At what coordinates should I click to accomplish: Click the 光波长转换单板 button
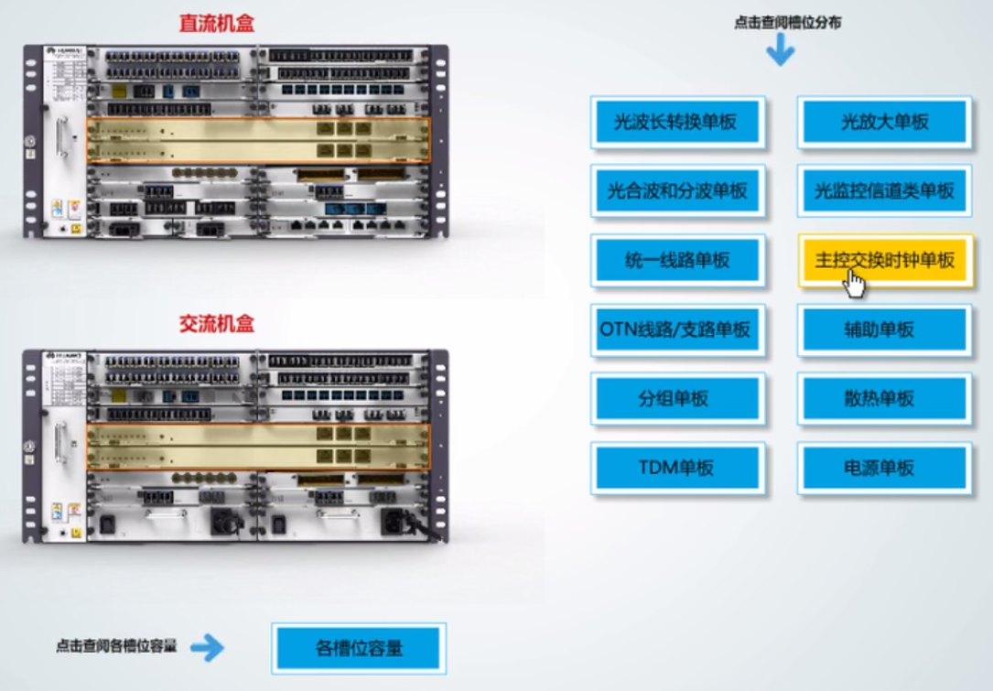coord(676,122)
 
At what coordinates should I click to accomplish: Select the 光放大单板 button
coord(884,122)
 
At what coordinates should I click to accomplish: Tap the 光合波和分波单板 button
coord(676,190)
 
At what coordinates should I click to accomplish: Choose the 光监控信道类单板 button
coord(884,190)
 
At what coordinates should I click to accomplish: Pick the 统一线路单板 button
coord(676,260)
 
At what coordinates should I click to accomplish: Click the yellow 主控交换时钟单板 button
coord(884,260)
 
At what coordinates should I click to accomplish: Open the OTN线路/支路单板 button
coord(676,329)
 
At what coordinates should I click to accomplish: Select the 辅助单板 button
coord(884,329)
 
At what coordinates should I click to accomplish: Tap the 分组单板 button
coord(676,399)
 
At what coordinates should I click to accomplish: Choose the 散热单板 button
coord(884,399)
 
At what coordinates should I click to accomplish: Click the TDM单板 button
coord(676,468)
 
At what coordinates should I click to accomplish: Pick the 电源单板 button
coord(884,468)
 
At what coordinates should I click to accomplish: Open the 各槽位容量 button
coord(359,648)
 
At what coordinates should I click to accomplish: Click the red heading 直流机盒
coord(216,23)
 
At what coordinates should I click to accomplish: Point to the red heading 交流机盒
coord(216,323)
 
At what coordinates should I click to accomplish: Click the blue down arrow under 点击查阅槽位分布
coord(780,49)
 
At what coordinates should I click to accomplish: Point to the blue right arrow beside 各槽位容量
coord(207,648)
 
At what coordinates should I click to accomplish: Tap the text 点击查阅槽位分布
coord(787,23)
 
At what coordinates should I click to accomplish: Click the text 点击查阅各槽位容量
coord(115,645)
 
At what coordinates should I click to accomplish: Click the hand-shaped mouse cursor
coord(855,284)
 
